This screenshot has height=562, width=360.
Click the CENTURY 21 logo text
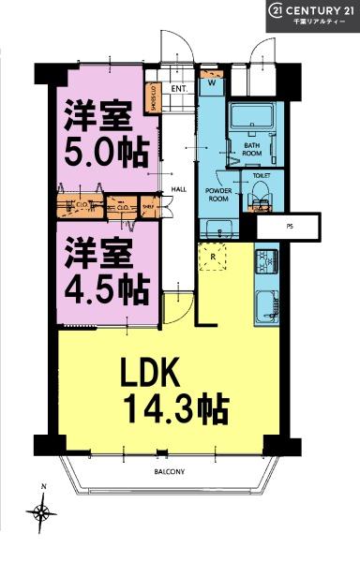pos(313,10)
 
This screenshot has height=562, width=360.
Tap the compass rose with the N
pos(42,511)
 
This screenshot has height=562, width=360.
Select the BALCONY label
pos(168,472)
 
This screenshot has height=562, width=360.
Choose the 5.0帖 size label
pos(100,149)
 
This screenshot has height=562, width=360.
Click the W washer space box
pos(212,82)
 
